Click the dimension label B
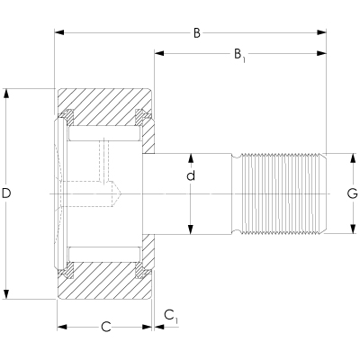tap(196, 34)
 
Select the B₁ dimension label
tap(239, 56)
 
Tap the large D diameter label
tap(9, 193)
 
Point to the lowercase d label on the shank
tap(191, 175)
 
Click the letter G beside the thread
tap(353, 193)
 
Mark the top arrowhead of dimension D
tap(8, 93)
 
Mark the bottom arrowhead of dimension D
tap(8, 294)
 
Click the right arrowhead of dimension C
tap(148, 326)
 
